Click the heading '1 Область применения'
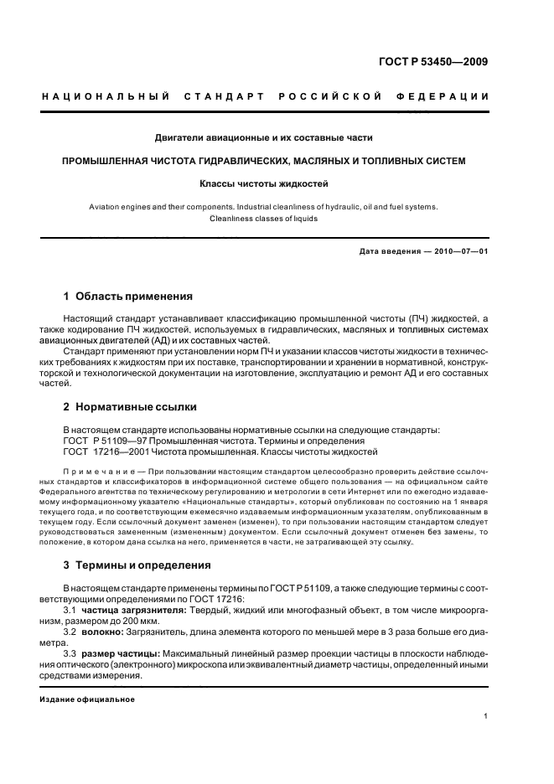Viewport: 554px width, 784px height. click(127, 296)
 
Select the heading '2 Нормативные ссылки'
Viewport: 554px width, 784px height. click(130, 406)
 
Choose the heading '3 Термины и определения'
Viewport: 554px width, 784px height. click(137, 565)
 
